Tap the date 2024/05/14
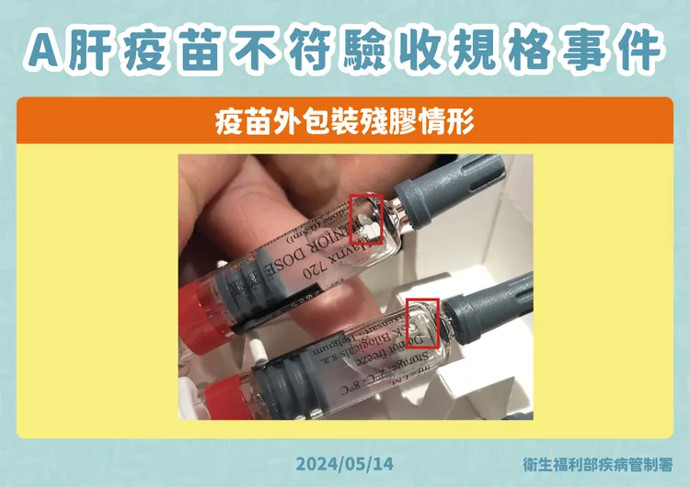(345, 462)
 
